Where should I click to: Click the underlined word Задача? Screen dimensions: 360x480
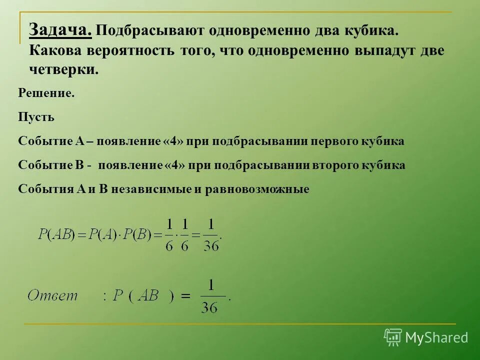point(60,30)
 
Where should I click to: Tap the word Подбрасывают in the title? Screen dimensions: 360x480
point(144,31)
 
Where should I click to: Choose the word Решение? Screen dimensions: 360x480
point(46,93)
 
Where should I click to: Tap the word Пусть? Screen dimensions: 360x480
point(36,117)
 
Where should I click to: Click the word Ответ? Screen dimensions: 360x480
point(53,295)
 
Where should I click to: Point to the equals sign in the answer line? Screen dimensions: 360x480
point(186,296)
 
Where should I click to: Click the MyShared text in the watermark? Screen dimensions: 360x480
point(436,338)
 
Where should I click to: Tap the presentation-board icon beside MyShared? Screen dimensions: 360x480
point(392,337)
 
